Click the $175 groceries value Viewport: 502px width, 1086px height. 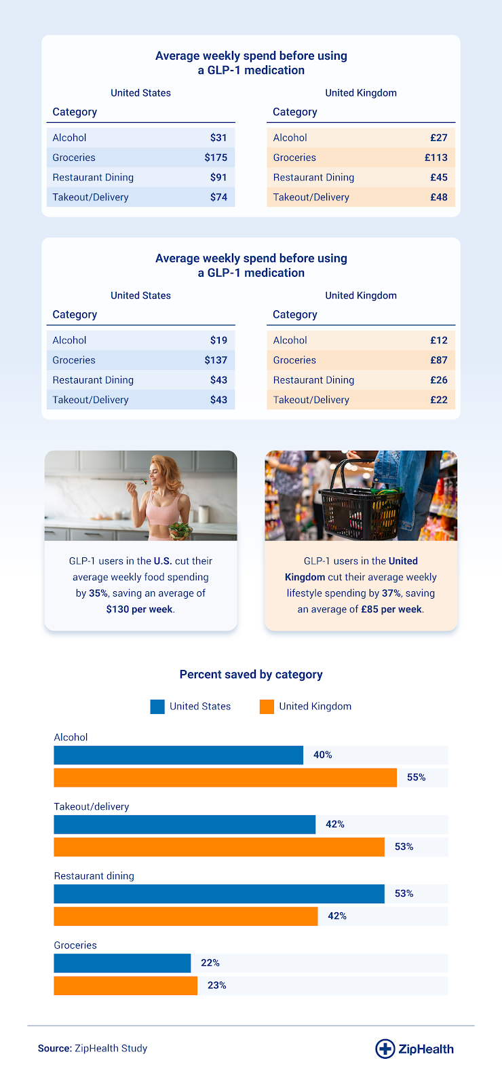(x=216, y=157)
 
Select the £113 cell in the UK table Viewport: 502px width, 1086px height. (x=436, y=157)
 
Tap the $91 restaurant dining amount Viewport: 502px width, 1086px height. (x=218, y=177)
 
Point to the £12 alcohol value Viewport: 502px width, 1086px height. (x=439, y=340)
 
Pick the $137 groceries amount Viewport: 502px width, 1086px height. (x=216, y=360)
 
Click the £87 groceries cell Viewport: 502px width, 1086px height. (x=439, y=360)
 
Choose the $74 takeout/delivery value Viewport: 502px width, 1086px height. (x=218, y=198)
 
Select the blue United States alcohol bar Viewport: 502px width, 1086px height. (x=178, y=755)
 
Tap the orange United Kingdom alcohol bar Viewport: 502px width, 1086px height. (x=225, y=777)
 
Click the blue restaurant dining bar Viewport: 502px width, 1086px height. (x=219, y=893)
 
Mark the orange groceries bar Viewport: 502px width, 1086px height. (x=125, y=986)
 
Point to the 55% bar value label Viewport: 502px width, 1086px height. (x=417, y=777)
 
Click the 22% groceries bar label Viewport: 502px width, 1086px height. (x=210, y=962)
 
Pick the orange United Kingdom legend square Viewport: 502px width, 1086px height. (x=267, y=707)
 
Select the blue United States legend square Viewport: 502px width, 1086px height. (x=157, y=707)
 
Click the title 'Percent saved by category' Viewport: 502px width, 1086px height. (x=251, y=675)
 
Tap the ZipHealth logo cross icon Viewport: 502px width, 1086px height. (x=385, y=1049)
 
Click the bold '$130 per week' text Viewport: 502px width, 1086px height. (x=139, y=610)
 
